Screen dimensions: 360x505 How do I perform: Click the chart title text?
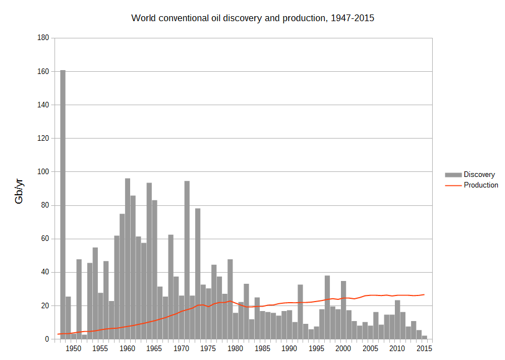click(253, 18)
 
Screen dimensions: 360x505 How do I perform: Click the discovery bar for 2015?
click(424, 337)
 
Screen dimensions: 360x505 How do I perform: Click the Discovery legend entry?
click(479, 175)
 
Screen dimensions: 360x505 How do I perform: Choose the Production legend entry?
click(481, 185)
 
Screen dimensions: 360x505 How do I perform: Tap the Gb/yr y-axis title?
click(19, 189)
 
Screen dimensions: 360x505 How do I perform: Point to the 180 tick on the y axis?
click(43, 38)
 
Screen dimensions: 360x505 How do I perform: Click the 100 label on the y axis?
click(43, 172)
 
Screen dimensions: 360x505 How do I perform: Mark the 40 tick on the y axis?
click(45, 272)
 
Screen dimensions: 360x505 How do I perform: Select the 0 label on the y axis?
click(47, 339)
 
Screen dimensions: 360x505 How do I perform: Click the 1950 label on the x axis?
click(73, 349)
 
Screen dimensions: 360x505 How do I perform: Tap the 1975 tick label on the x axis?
click(209, 349)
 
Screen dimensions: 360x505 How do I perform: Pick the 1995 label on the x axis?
click(316, 349)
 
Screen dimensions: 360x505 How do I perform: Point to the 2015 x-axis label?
click(424, 349)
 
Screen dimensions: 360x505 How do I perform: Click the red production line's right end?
click(424, 294)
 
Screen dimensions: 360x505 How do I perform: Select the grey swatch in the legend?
click(453, 175)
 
